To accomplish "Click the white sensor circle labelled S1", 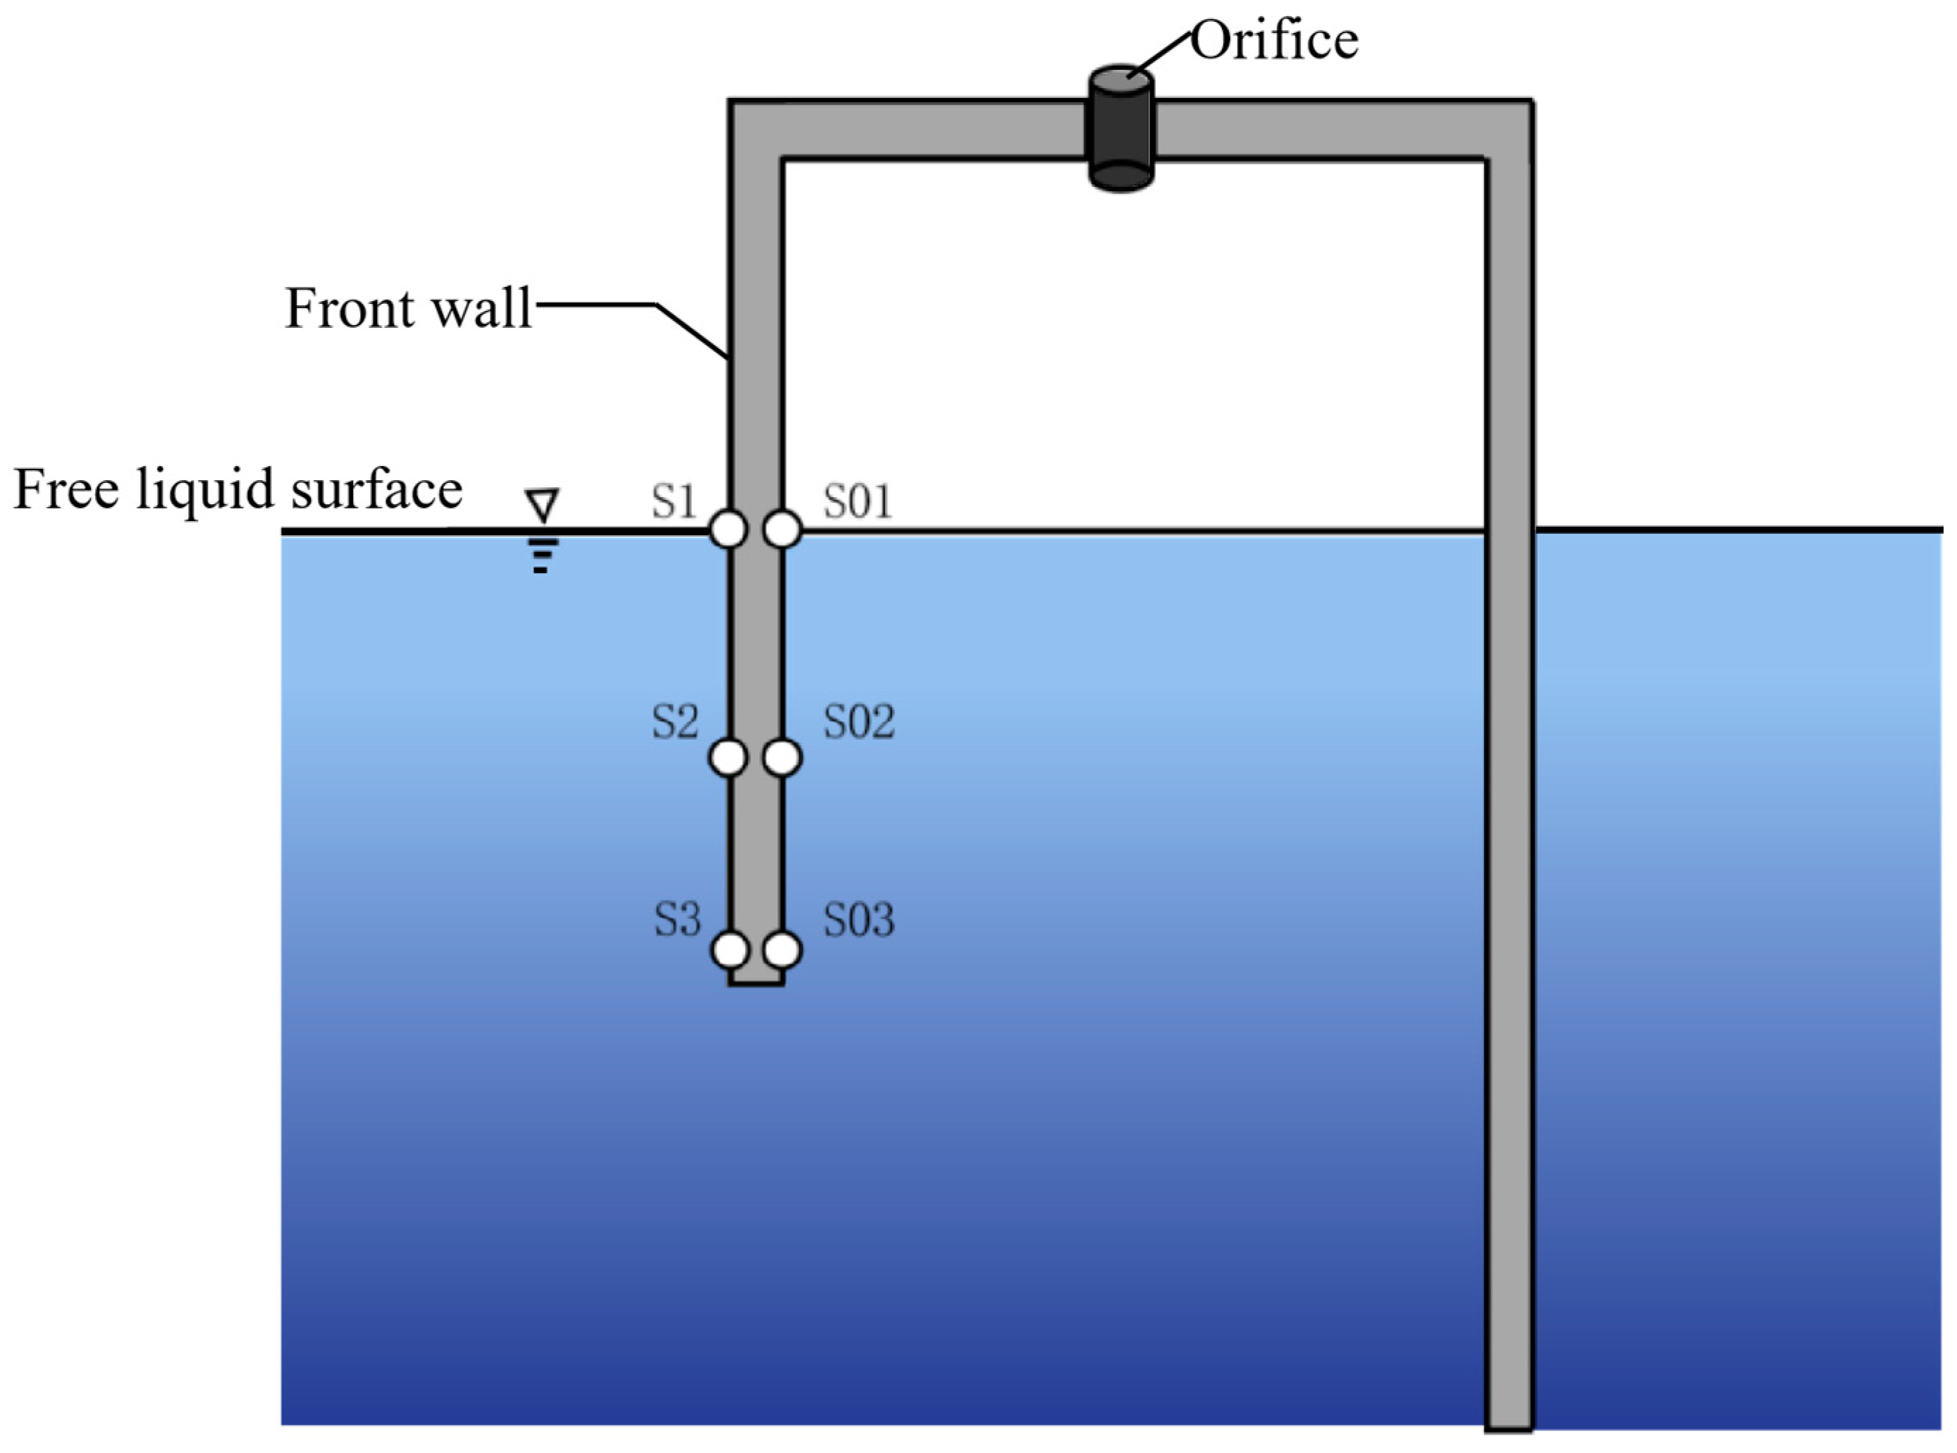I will [728, 529].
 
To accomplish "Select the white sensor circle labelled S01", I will [782, 529].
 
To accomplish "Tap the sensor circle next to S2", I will [728, 757].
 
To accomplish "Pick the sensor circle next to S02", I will [782, 757].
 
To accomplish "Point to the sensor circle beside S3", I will [729, 950].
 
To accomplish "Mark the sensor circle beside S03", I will [782, 950].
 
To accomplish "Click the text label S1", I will [674, 501].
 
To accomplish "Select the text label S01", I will [857, 501].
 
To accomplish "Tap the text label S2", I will [674, 721].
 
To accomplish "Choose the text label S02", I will [858, 721].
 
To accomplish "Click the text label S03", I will [858, 919].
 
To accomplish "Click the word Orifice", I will [1274, 40].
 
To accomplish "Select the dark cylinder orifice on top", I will [1121, 128].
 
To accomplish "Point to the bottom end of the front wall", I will [756, 981].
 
